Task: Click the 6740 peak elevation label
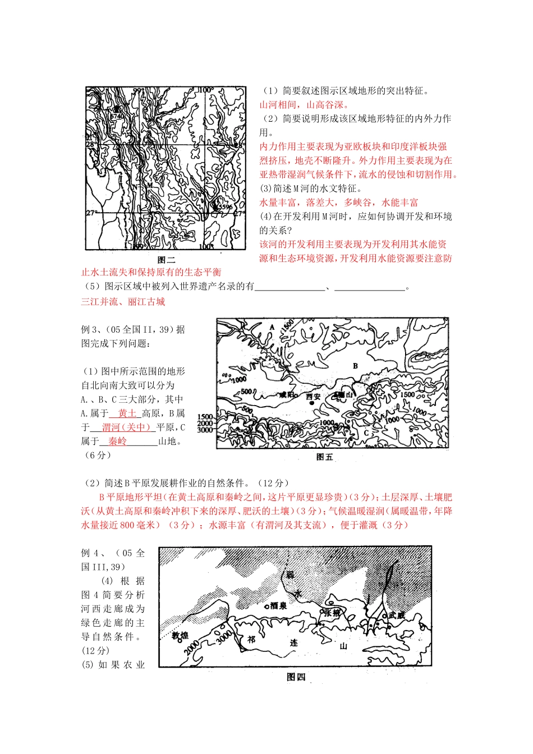[116, 116]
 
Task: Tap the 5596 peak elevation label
[224, 207]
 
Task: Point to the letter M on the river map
[149, 185]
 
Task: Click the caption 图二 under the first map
[167, 260]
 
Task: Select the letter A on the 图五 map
[272, 327]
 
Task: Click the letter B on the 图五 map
[355, 366]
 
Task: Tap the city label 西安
[313, 396]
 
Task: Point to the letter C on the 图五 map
[366, 433]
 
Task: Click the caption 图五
[325, 457]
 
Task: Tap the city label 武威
[396, 615]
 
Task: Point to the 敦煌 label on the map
[180, 636]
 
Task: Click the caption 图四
[296, 677]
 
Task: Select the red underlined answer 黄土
[127, 413]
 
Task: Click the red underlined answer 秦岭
[117, 442]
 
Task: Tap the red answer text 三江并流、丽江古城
[123, 302]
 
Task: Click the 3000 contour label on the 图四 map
[223, 636]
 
